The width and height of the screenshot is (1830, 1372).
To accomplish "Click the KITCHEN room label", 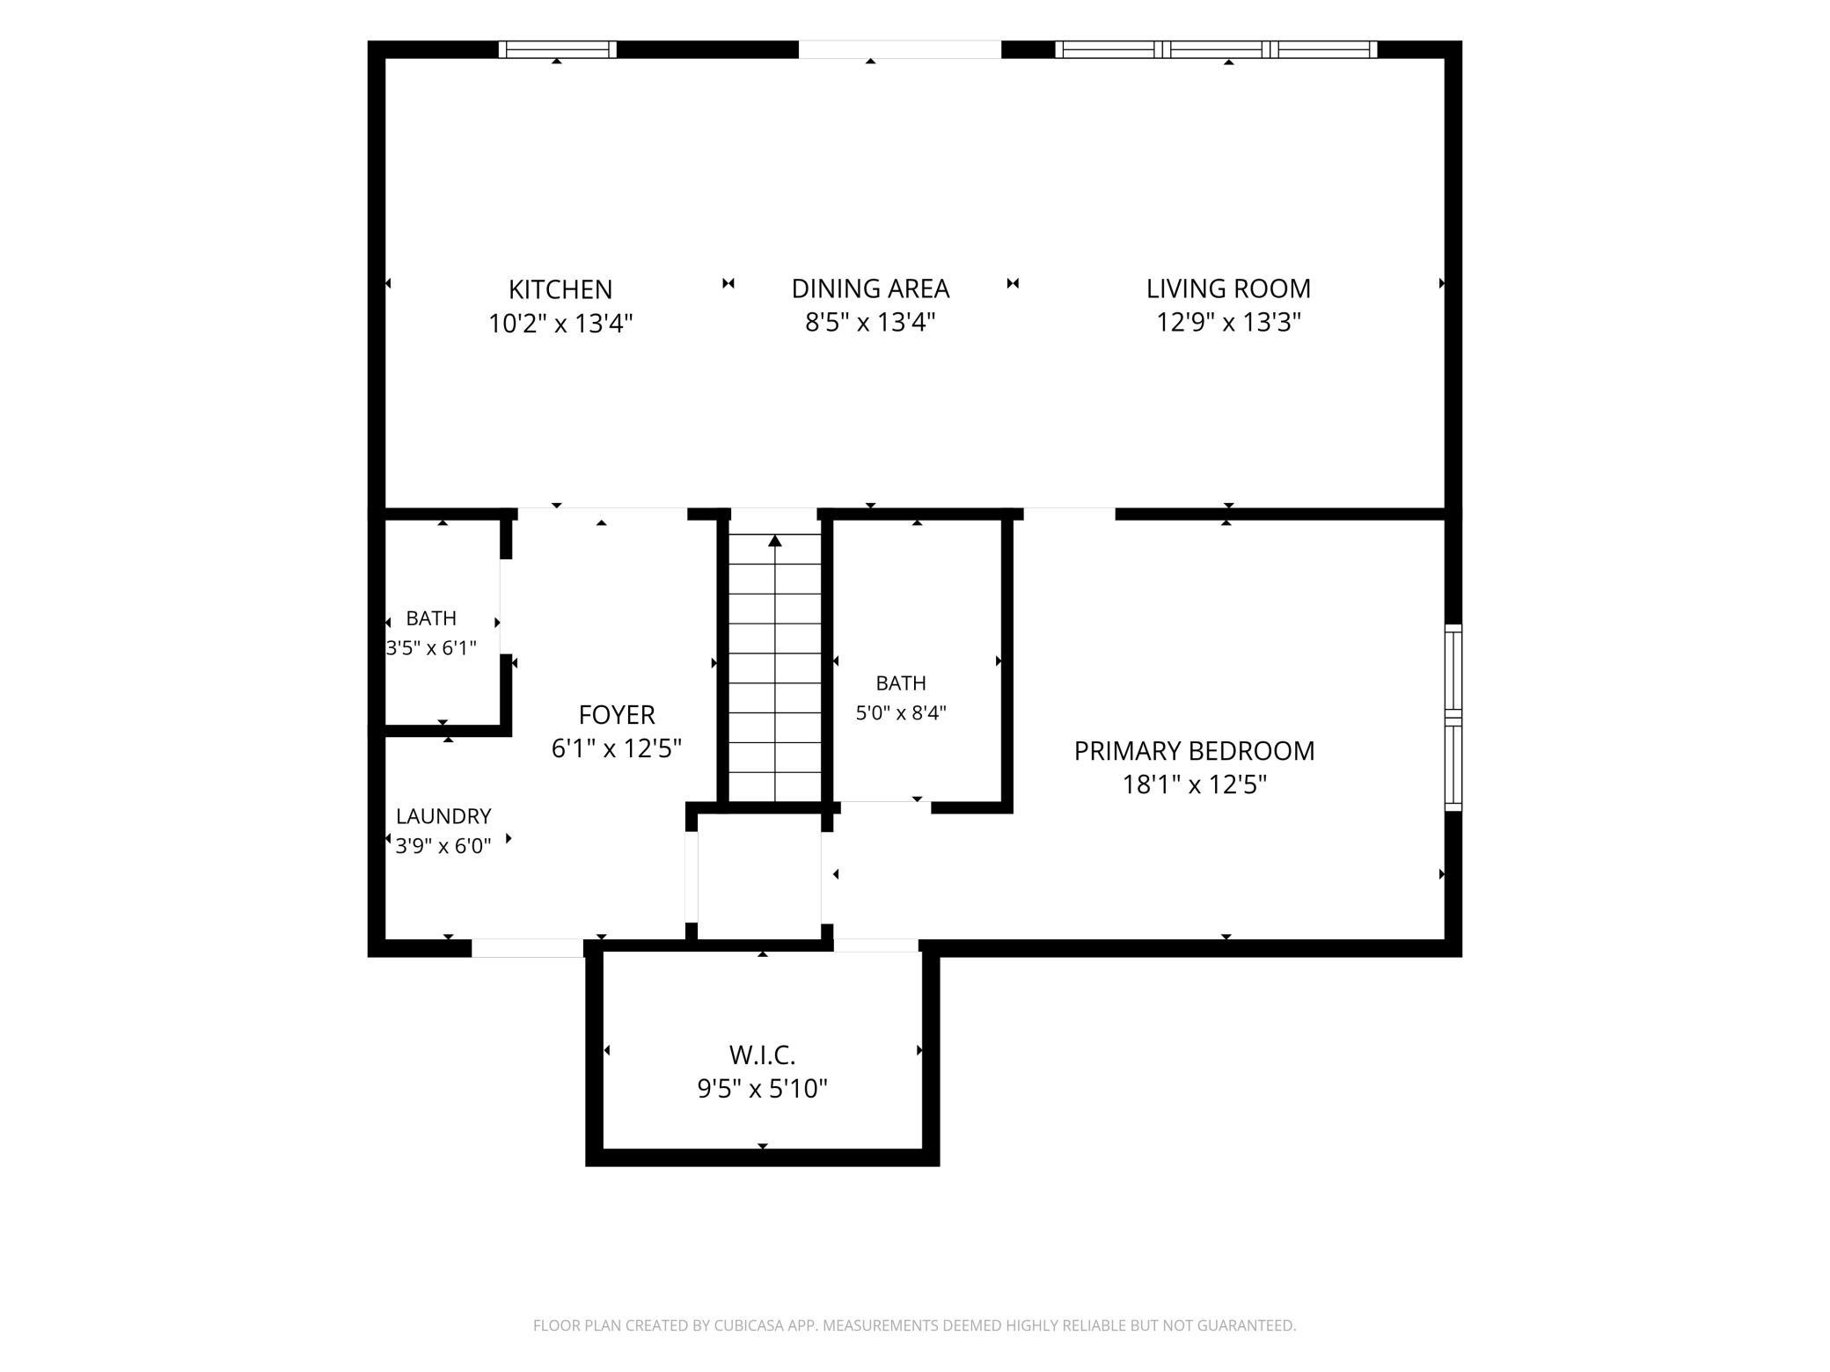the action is [x=560, y=289].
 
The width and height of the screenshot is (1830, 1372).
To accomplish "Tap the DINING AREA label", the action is [x=870, y=288].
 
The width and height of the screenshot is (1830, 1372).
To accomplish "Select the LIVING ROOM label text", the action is [x=1228, y=288].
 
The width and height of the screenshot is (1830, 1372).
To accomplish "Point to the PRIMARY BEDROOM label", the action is [x=1194, y=751].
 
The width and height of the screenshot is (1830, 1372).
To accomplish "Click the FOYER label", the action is [x=617, y=714].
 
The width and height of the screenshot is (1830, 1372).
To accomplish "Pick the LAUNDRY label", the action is [x=443, y=816].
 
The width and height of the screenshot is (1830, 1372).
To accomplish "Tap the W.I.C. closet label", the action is [x=762, y=1055].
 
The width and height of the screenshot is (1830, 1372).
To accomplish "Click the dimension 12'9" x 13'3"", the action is [x=1228, y=323].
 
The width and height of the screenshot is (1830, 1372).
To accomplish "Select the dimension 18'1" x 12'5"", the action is [x=1194, y=785].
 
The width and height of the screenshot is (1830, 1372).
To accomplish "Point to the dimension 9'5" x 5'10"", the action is [x=762, y=1090].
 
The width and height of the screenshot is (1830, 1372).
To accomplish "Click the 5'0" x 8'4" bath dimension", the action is [x=901, y=712].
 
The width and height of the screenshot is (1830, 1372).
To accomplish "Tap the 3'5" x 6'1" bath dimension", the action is [x=431, y=648].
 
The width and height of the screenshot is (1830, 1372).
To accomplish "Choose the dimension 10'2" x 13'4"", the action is [x=560, y=324].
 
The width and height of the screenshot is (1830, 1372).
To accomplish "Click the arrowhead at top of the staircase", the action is [x=775, y=541].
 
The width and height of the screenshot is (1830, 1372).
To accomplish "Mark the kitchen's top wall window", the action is [x=558, y=49].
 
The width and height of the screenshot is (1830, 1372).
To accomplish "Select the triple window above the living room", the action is [x=1216, y=49].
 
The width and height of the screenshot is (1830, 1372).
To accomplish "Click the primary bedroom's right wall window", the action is [x=1453, y=718].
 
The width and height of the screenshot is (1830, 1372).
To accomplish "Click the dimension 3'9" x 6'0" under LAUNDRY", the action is [x=443, y=847].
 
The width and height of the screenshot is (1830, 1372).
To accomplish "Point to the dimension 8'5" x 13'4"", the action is [x=870, y=323].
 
